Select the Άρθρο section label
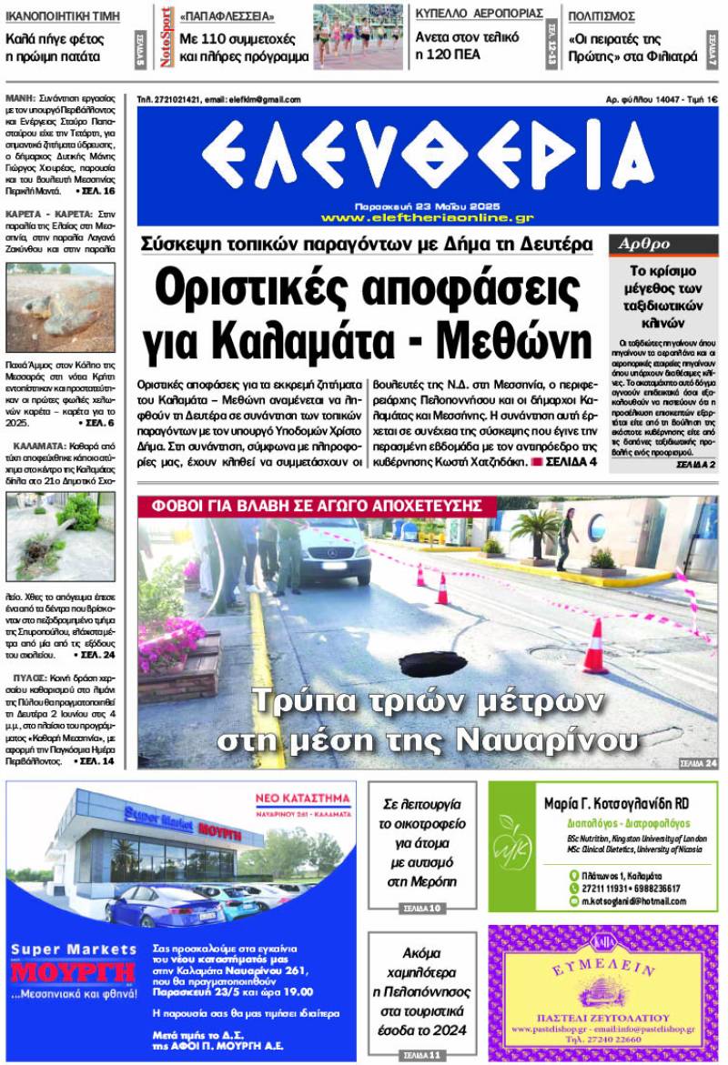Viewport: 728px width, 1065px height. (x=644, y=244)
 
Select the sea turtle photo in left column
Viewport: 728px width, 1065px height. (x=60, y=307)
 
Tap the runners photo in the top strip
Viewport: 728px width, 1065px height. (x=358, y=37)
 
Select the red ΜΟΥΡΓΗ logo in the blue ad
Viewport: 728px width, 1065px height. (x=73, y=972)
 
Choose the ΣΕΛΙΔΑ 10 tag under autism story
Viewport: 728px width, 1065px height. (x=421, y=908)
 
